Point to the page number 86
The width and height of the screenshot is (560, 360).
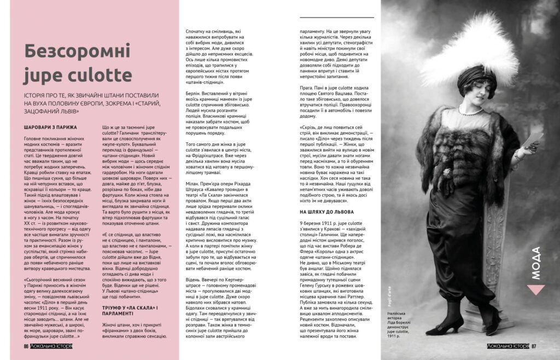click(25, 346)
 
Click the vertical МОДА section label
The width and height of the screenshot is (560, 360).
click(535, 262)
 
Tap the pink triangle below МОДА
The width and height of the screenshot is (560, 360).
click(535, 291)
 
